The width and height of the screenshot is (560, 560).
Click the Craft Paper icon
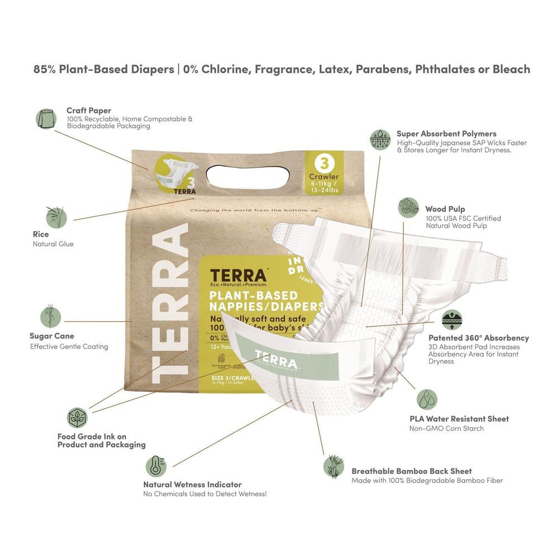click(46, 119)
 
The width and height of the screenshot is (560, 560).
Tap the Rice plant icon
click(55, 217)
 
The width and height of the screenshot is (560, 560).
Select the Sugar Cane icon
click(50, 317)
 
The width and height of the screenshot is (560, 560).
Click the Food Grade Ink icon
click(77, 417)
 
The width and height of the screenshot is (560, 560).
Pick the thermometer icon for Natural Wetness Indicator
click(156, 465)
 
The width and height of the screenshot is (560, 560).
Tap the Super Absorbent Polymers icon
click(380, 139)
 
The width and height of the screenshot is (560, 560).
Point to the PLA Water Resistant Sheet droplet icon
click(427, 399)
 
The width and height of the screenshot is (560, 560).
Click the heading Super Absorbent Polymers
click(446, 134)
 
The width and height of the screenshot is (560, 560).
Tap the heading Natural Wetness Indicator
click(192, 484)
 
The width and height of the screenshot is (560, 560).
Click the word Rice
click(41, 234)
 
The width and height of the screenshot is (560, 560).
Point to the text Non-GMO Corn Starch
click(446, 429)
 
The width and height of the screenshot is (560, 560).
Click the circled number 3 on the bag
click(322, 163)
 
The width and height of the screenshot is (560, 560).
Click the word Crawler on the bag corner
click(324, 177)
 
